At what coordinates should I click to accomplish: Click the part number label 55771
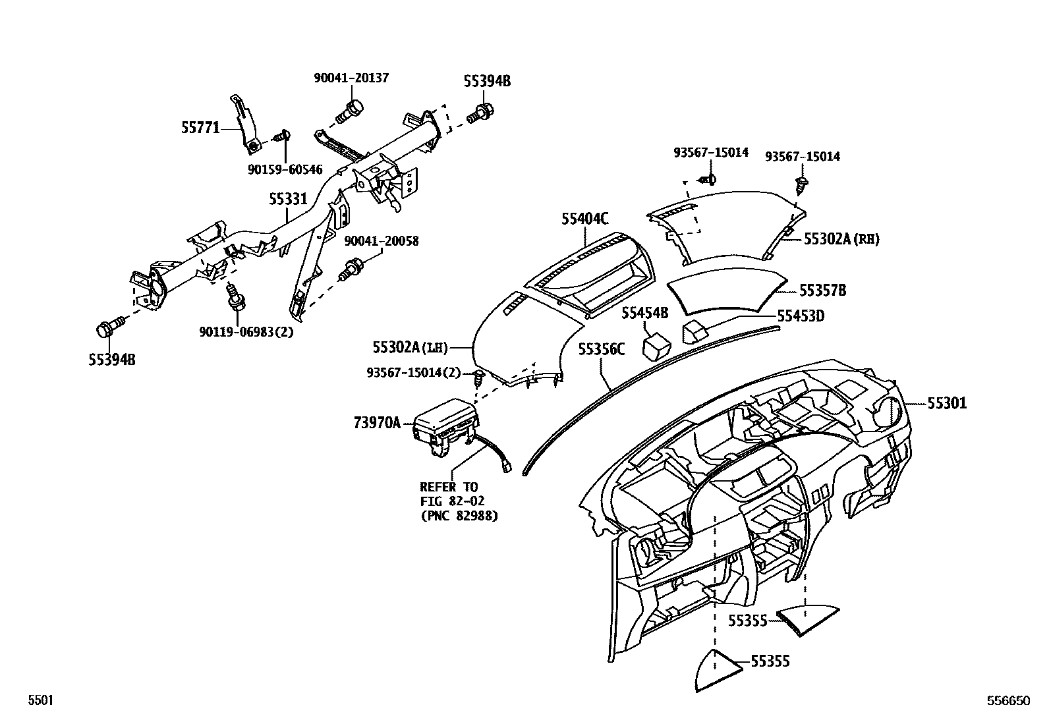point(200,127)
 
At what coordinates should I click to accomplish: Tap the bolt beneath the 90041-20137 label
point(350,111)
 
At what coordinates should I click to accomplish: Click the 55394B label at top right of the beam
point(487,81)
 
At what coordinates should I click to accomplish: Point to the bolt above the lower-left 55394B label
point(110,326)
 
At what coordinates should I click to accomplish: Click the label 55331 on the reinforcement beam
point(288,198)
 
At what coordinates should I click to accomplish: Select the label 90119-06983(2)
point(246,332)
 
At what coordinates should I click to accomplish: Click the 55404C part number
point(585,219)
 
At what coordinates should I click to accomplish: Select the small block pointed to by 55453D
point(695,331)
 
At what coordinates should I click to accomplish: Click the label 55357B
point(822,291)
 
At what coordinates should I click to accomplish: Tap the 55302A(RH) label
point(841,239)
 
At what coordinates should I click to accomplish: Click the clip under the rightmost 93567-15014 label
point(803,184)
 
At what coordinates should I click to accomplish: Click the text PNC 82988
point(459,516)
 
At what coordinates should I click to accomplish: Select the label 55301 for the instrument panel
point(946,403)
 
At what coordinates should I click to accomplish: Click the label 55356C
point(601,348)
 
